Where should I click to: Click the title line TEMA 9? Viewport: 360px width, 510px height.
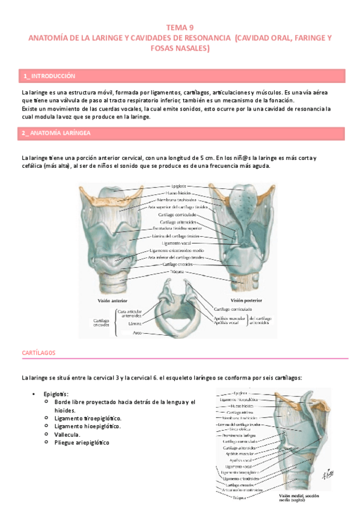click(180, 27)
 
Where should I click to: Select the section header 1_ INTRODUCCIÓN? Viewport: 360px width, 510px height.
click(49, 76)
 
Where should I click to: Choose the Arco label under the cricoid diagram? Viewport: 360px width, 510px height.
click(138, 332)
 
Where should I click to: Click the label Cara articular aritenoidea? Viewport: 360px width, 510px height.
click(129, 313)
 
